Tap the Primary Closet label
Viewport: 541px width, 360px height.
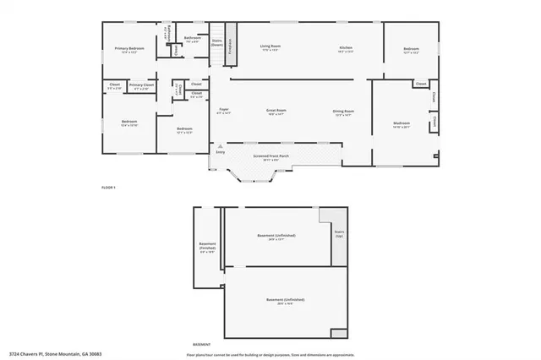click(142, 85)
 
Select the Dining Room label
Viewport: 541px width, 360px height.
click(343, 112)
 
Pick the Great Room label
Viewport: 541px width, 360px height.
click(276, 111)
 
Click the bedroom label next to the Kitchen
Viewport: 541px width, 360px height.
click(411, 49)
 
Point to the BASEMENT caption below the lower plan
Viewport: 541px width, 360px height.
click(202, 345)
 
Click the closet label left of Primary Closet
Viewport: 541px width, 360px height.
click(114, 85)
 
